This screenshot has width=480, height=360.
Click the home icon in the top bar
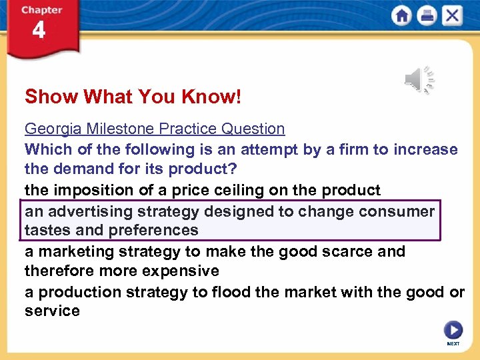[x=402, y=16]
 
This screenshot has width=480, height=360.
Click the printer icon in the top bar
[x=427, y=16]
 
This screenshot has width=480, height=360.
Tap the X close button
[x=451, y=16]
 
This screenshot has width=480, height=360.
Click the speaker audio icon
[x=419, y=80]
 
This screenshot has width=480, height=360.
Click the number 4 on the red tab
[x=39, y=31]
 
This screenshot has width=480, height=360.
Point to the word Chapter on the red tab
[x=41, y=10]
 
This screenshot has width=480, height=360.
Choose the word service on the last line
[x=52, y=311]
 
